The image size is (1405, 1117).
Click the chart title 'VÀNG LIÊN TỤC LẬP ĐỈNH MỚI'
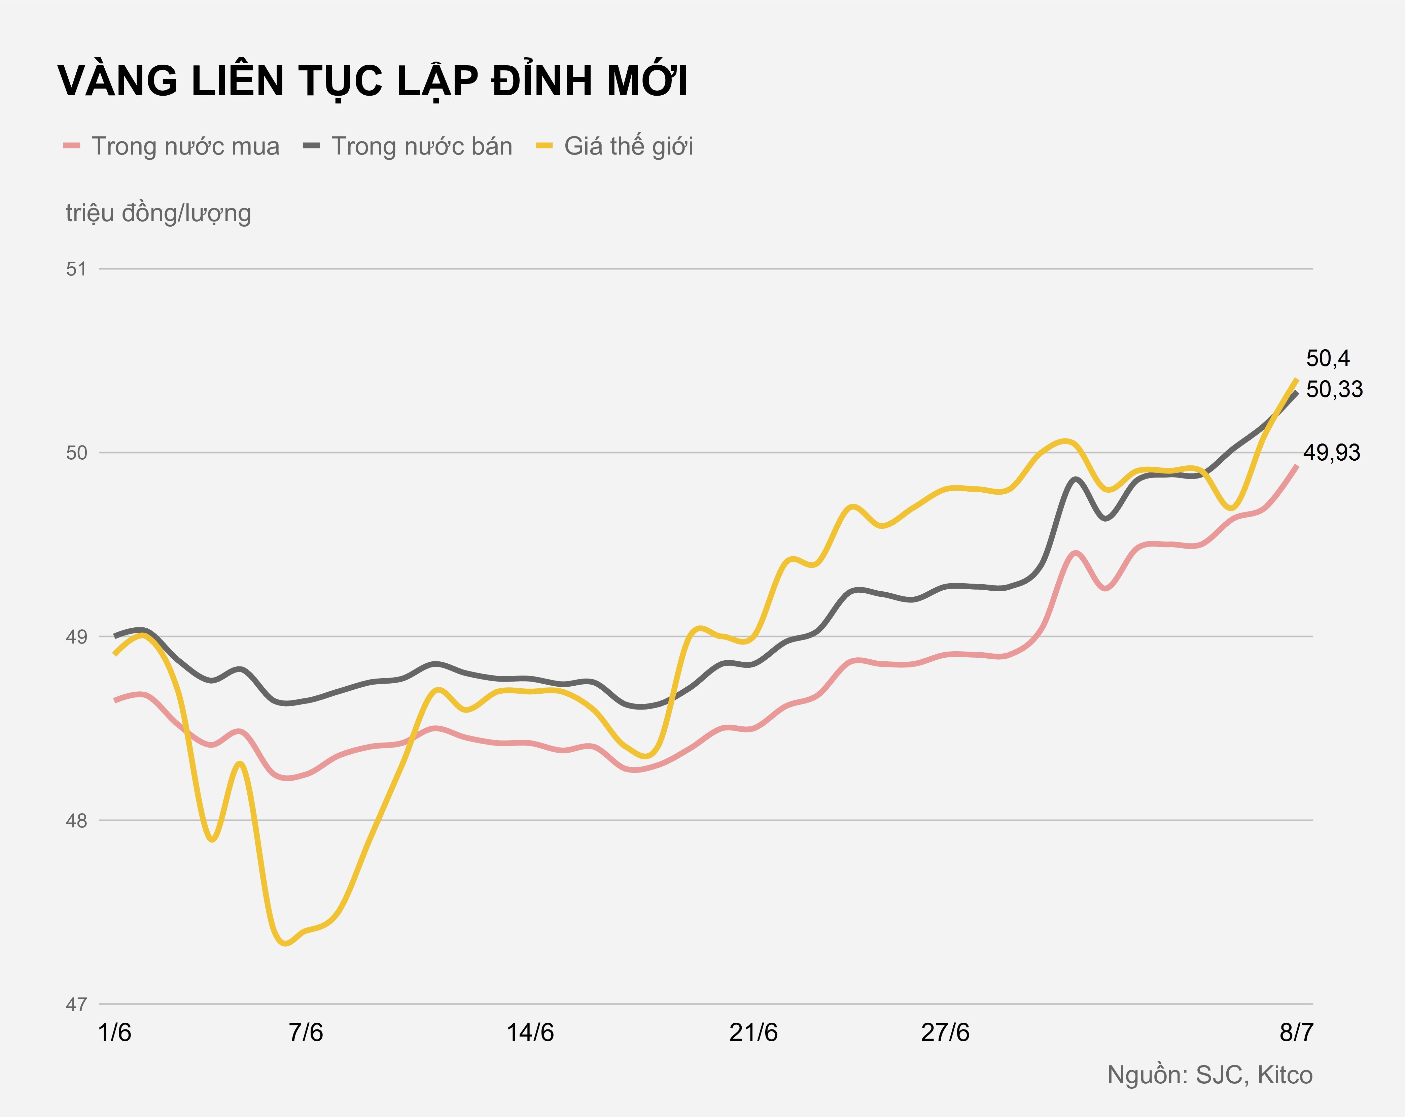pyautogui.click(x=373, y=81)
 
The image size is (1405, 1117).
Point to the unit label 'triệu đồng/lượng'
pyautogui.click(x=159, y=213)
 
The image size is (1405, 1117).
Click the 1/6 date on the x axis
pyautogui.click(x=115, y=1033)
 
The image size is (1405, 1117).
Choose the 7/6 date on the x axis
pyautogui.click(x=306, y=1033)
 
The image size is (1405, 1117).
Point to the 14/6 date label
pyautogui.click(x=530, y=1033)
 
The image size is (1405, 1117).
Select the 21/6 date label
pyautogui.click(x=753, y=1033)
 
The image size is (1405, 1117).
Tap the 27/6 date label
pyautogui.click(x=945, y=1033)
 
